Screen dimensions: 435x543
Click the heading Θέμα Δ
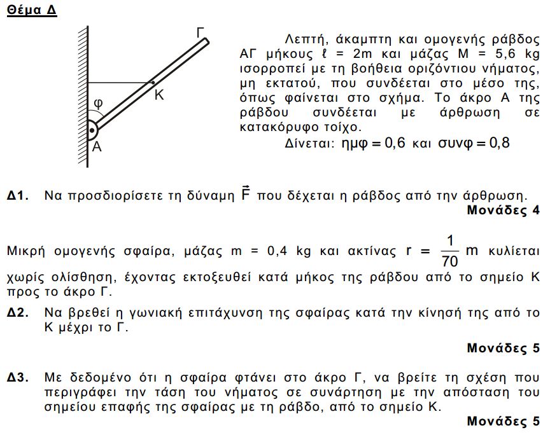pyautogui.click(x=31, y=11)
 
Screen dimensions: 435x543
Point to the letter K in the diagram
pyautogui.click(x=159, y=95)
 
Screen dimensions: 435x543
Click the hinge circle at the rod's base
pyautogui.click(x=93, y=131)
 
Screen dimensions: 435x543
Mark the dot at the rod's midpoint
pyautogui.click(x=152, y=82)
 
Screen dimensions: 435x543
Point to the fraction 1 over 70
pyautogui.click(x=450, y=250)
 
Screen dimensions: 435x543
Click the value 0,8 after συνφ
pyautogui.click(x=497, y=143)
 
